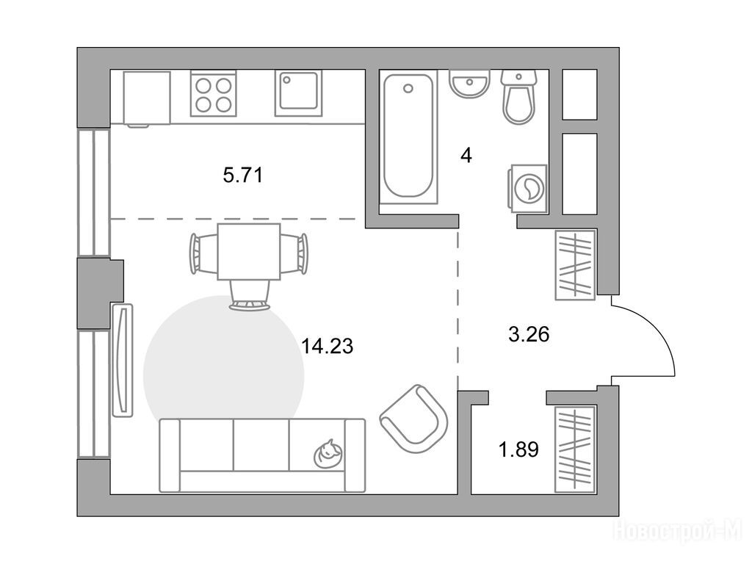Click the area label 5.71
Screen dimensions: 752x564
pyautogui.click(x=243, y=176)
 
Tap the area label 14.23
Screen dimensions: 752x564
pyautogui.click(x=327, y=346)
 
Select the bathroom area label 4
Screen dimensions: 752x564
pyautogui.click(x=466, y=156)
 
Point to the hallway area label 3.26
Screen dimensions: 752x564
pyautogui.click(x=529, y=334)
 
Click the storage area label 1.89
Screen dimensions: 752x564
pyautogui.click(x=518, y=449)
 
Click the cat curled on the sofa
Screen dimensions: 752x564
pyautogui.click(x=328, y=453)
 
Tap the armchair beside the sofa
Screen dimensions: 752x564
pyautogui.click(x=414, y=419)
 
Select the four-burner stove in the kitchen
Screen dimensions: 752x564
pyautogui.click(x=214, y=94)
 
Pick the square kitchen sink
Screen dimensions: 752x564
pyautogui.click(x=298, y=93)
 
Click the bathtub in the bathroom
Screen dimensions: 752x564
pyautogui.click(x=408, y=137)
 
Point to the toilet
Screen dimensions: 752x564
pyautogui.click(x=518, y=97)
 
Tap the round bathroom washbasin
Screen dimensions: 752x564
pyautogui.click(x=469, y=84)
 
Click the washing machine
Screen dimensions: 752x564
pyautogui.click(x=527, y=188)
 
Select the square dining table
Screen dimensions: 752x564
pyautogui.click(x=248, y=252)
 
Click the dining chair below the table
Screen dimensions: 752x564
pyautogui.click(x=249, y=296)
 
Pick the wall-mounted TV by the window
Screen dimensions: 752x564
pyautogui.click(x=122, y=360)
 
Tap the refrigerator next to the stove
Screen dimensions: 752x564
pyautogui.click(x=147, y=99)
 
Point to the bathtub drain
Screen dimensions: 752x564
pyautogui.click(x=408, y=89)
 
